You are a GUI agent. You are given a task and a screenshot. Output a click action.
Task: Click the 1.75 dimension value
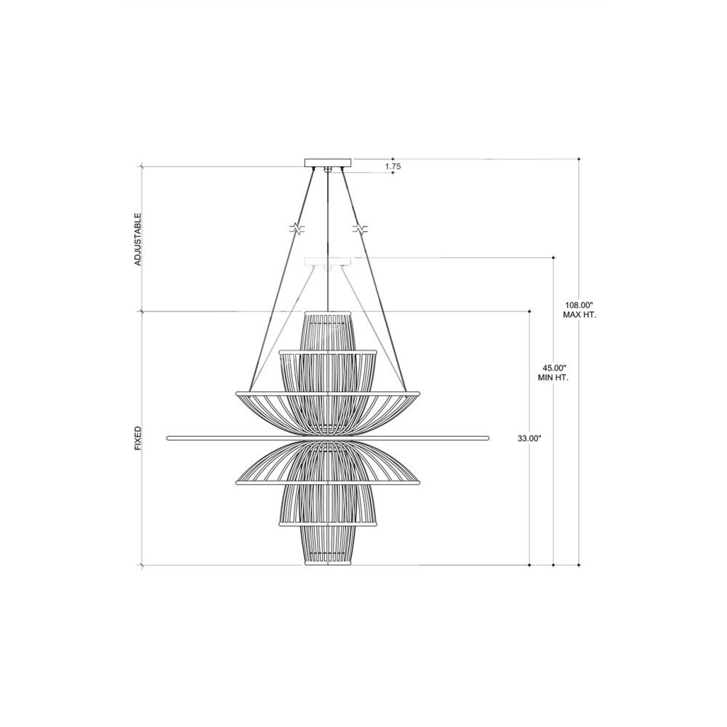(393, 166)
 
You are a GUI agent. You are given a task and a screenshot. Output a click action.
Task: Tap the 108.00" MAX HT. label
(579, 310)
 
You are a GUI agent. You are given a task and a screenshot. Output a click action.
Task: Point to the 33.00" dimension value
(529, 438)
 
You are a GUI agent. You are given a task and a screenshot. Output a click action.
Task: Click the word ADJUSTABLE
(137, 240)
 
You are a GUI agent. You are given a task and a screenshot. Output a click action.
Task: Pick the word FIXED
(137, 438)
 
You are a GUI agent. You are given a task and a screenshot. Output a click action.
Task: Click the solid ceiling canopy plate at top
(328, 162)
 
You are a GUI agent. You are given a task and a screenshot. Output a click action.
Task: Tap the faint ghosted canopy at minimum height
(327, 262)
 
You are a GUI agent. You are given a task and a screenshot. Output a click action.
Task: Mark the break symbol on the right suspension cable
(360, 228)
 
